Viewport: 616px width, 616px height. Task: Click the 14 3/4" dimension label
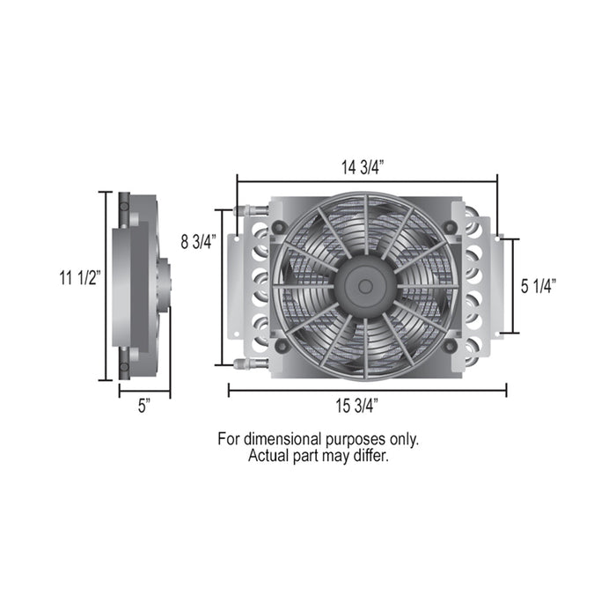pyautogui.click(x=362, y=168)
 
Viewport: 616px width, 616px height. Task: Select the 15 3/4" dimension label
pyautogui.click(x=356, y=406)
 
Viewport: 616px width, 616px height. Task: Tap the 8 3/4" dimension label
pyautogui.click(x=199, y=242)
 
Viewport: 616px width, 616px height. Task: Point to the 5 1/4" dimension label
pyautogui.click(x=539, y=286)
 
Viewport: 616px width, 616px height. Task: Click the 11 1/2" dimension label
pyautogui.click(x=81, y=278)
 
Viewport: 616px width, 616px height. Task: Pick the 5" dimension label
pyautogui.click(x=144, y=406)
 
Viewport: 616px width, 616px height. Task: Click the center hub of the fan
pyautogui.click(x=365, y=286)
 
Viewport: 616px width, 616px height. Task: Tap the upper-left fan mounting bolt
pyautogui.click(x=280, y=227)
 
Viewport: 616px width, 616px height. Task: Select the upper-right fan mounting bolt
pyautogui.click(x=450, y=227)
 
